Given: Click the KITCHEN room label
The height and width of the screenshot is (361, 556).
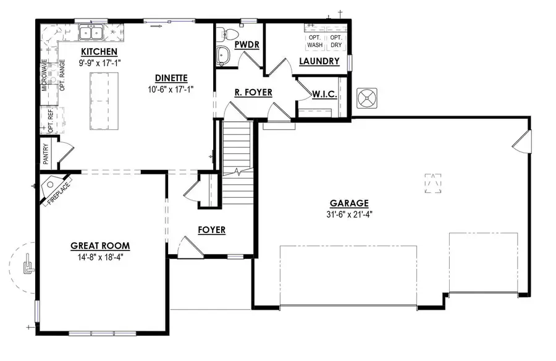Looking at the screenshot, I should pos(99,51).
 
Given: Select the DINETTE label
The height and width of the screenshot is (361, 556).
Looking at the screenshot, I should pos(171,78).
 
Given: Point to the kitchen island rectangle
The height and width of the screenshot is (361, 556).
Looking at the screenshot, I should pos(104,101).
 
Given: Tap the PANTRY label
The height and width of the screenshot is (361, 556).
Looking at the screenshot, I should pos(46,154).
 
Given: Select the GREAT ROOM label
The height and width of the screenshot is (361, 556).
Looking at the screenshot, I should pos(100,245).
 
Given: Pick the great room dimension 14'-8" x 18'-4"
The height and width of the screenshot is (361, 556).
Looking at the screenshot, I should pos(100,256).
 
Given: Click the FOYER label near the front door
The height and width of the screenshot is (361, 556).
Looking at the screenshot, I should pos(211,231).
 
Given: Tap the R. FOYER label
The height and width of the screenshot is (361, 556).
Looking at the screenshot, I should pos(253,93).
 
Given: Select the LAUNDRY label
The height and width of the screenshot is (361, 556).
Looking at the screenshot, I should pos(319,61).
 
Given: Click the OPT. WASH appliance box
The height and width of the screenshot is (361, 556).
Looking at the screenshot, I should pos(315,41).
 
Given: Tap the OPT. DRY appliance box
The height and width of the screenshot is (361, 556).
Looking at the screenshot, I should pos(335,41).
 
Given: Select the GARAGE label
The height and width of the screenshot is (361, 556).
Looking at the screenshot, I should pos(349,203).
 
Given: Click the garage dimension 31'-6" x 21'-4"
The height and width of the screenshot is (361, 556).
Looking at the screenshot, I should pos(349,214).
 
